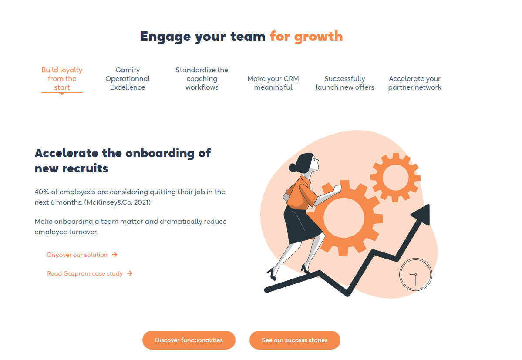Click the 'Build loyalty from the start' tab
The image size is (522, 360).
pos(62,79)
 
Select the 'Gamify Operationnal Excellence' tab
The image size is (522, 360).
pos(128,79)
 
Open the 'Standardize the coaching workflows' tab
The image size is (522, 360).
pos(202,79)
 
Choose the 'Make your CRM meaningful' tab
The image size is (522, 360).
pos(273,83)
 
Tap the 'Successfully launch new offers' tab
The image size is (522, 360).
pos(344,83)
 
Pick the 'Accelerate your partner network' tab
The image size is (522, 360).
pos(415,83)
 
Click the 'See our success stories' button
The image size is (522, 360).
pos(295,340)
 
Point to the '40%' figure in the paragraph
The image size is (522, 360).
pos(42,192)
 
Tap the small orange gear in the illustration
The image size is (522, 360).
pos(395,177)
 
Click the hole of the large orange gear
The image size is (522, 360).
pos(344,218)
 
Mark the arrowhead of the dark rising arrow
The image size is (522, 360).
pos(422,214)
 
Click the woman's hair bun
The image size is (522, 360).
pos(293,167)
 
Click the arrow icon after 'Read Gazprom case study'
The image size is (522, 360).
pos(130,273)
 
